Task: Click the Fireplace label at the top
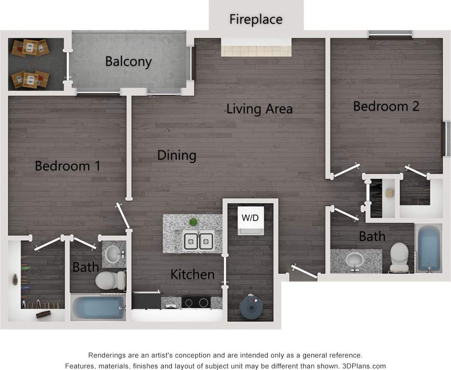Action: point(256,20)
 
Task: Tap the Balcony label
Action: point(128,61)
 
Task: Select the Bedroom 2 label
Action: point(386,106)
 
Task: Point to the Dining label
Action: point(177,155)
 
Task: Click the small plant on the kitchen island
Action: point(193,222)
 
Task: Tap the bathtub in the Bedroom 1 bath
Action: point(98,308)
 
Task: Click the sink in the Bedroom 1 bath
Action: point(114,252)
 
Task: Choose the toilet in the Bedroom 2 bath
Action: point(399,257)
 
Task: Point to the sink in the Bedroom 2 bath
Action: point(355,260)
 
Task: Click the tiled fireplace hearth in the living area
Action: point(256,47)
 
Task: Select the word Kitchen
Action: point(192,274)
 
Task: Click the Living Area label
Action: point(259,109)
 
